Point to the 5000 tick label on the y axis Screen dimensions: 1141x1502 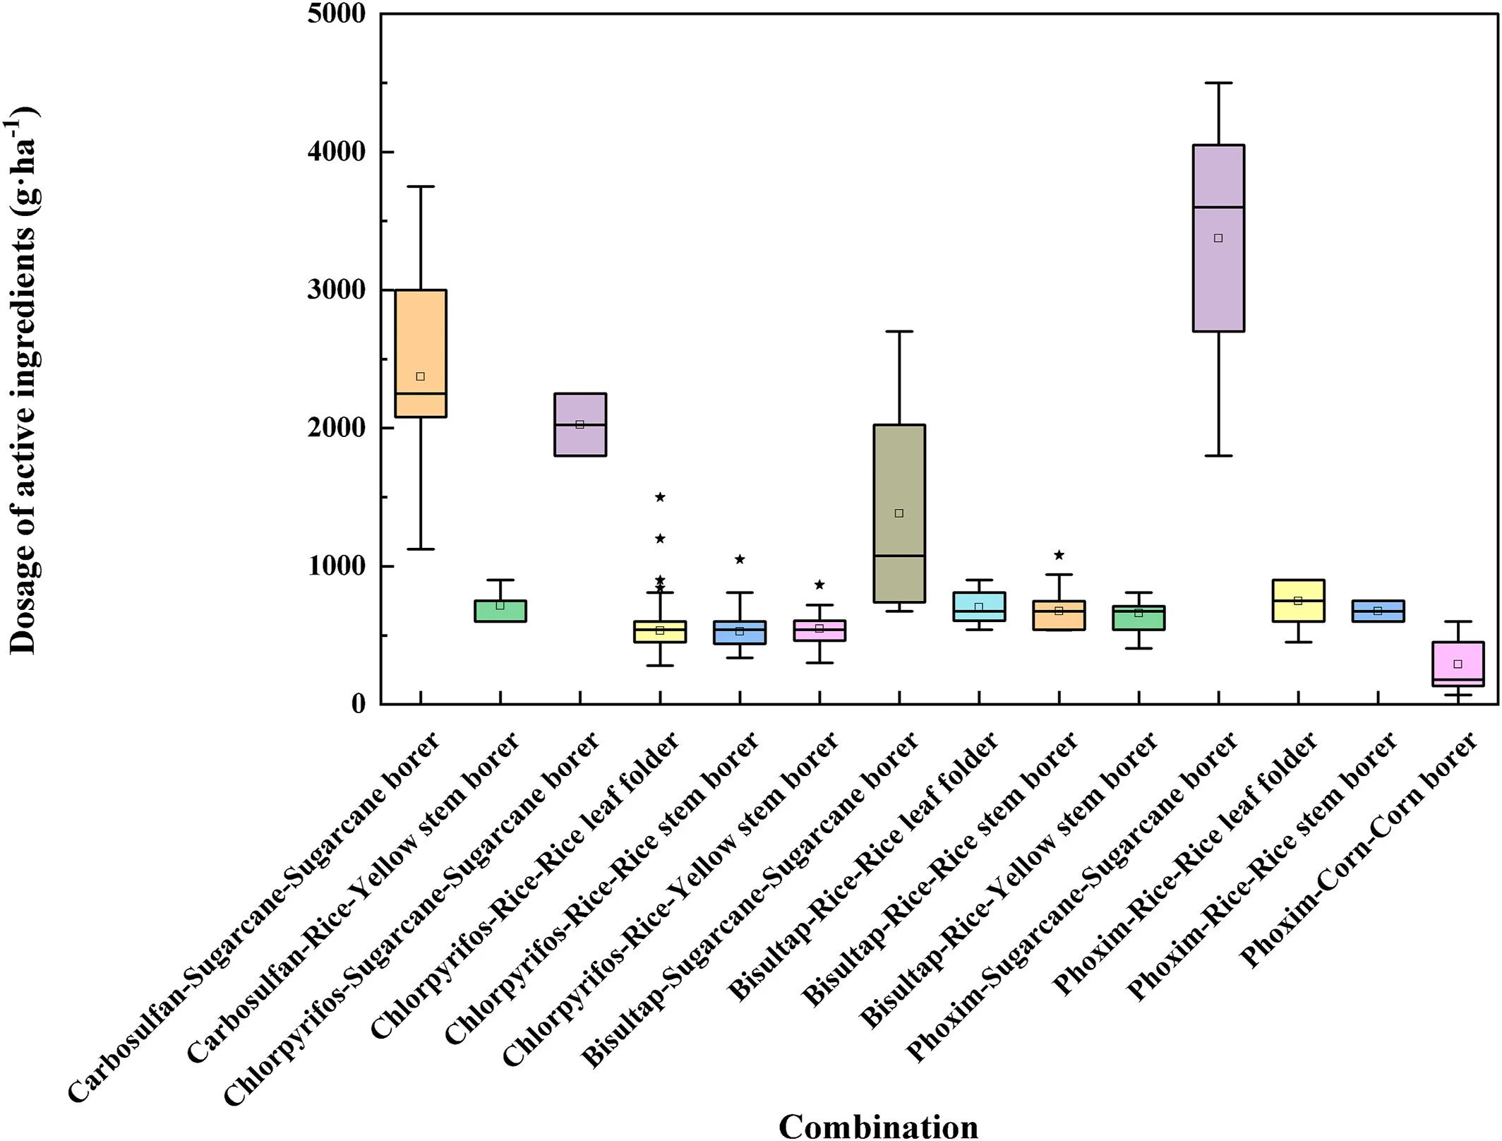pyautogui.click(x=337, y=14)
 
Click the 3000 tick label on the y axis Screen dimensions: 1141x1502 pyautogui.click(x=337, y=290)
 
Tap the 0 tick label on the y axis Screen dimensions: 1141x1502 pyautogui.click(x=359, y=704)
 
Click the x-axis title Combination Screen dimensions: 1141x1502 pyautogui.click(x=878, y=1125)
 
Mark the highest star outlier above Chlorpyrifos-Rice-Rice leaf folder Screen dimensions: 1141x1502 pyautogui.click(x=660, y=497)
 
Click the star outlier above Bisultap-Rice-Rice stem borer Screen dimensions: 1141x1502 pyautogui.click(x=1059, y=555)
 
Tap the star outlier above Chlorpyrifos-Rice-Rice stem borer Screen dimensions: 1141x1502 pyautogui.click(x=740, y=559)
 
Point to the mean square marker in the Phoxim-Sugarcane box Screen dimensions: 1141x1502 pyautogui.click(x=1218, y=238)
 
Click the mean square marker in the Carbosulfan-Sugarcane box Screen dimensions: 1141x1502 pyautogui.click(x=420, y=376)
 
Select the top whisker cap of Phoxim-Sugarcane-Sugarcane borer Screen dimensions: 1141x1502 pyautogui.click(x=1218, y=83)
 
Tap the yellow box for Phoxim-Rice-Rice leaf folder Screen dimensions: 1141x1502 pyautogui.click(x=1298, y=601)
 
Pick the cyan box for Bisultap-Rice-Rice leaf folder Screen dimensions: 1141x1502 pyautogui.click(x=979, y=607)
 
